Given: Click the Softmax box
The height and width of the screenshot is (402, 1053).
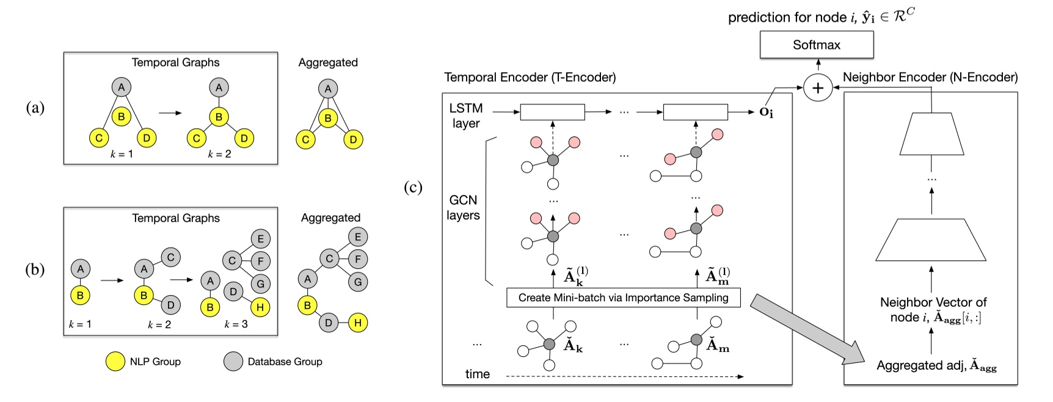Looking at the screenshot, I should (x=816, y=45).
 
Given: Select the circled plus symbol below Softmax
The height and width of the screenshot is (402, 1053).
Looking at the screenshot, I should (x=817, y=88).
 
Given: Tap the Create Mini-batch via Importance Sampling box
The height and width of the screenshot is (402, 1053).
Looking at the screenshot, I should (x=623, y=298).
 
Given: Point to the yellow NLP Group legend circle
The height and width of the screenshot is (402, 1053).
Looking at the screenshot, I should (x=115, y=362).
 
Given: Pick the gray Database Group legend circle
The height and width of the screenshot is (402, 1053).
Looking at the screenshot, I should (x=233, y=362).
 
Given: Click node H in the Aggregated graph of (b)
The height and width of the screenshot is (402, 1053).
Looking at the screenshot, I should (x=358, y=323).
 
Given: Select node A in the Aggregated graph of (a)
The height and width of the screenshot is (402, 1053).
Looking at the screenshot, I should (x=328, y=89).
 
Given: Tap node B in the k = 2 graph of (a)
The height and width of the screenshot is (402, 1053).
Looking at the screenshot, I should (x=219, y=117).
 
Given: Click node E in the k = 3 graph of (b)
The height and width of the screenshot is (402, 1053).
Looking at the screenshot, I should (x=260, y=239).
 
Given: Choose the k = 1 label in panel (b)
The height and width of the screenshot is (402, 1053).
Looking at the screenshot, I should (x=79, y=324).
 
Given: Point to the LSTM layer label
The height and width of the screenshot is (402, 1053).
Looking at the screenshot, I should (x=465, y=115).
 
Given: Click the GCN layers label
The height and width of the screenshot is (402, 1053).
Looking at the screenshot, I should (x=463, y=208).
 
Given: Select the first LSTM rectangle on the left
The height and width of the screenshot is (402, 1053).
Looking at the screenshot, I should (x=552, y=112).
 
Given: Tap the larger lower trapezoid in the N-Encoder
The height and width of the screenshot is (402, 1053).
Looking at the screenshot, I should (x=930, y=240).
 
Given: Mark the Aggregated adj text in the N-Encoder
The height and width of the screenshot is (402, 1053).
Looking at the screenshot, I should (x=936, y=366).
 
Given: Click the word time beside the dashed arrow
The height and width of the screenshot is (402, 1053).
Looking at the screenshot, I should (x=477, y=375).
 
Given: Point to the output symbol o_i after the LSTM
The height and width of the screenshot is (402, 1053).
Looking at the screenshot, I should (x=766, y=112).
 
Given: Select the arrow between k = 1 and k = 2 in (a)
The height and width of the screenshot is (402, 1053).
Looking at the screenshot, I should (x=170, y=113).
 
